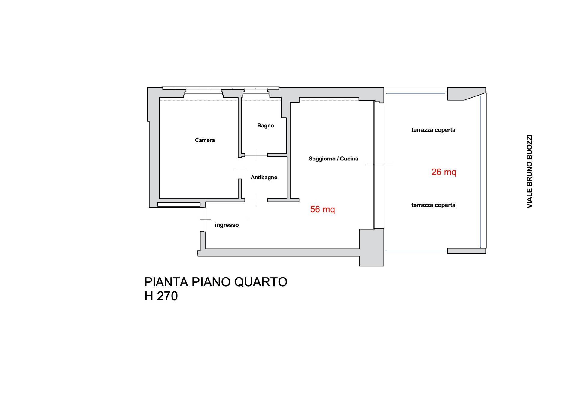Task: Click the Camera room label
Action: click(205, 140)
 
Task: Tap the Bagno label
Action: click(265, 126)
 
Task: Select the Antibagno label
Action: click(264, 178)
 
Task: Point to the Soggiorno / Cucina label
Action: click(333, 159)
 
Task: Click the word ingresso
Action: click(227, 225)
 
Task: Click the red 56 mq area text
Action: click(322, 209)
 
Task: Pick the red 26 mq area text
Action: click(444, 172)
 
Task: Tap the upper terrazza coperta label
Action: click(433, 130)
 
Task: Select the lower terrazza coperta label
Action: click(433, 205)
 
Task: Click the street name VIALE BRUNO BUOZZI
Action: click(529, 171)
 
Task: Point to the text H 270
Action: click(161, 296)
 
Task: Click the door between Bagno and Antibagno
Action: click(256, 155)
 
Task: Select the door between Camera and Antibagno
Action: click(240, 169)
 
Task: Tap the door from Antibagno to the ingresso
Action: click(256, 200)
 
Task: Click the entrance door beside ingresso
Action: click(205, 220)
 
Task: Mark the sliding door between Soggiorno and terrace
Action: click(374, 164)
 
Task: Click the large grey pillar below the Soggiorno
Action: click(372, 247)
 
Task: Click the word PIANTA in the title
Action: click(166, 282)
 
